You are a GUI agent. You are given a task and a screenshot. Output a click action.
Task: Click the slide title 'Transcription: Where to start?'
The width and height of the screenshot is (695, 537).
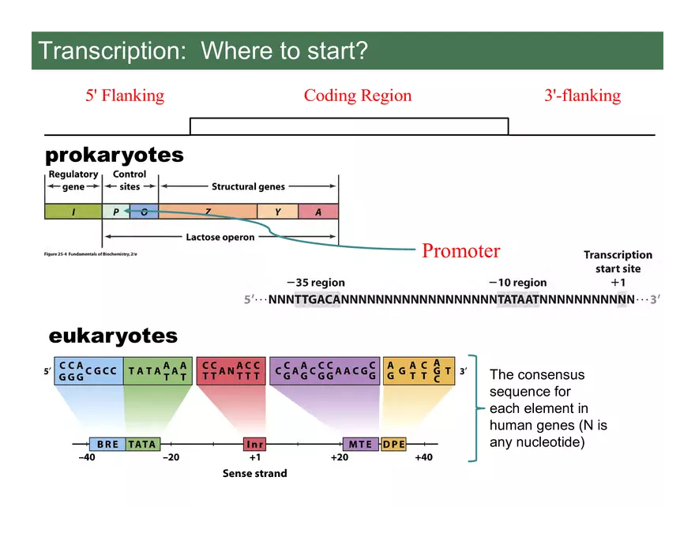(x=203, y=51)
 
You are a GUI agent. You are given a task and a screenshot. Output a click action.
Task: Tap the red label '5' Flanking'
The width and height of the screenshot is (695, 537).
(x=125, y=96)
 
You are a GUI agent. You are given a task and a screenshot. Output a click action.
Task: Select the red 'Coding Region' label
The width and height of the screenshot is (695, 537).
(x=358, y=96)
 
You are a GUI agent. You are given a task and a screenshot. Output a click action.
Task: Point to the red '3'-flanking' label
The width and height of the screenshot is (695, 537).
(x=582, y=96)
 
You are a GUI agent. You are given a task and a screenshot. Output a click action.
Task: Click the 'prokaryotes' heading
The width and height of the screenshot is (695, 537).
(x=115, y=155)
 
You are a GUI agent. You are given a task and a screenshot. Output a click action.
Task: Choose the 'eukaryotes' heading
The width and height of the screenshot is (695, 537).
(x=113, y=336)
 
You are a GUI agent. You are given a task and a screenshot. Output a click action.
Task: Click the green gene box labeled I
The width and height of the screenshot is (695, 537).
(x=73, y=211)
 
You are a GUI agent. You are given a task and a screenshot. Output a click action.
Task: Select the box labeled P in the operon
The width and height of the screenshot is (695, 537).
(x=115, y=211)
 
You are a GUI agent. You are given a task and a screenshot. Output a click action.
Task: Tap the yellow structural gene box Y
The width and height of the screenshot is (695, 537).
(x=277, y=211)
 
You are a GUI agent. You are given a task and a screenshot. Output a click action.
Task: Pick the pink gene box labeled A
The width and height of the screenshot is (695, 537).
(x=318, y=211)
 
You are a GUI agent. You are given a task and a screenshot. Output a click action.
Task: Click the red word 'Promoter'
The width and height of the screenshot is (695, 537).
(x=460, y=251)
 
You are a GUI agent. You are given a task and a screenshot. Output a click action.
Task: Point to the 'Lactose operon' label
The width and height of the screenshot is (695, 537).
(x=220, y=237)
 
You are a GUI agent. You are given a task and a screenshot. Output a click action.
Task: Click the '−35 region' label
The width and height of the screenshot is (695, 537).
(x=315, y=283)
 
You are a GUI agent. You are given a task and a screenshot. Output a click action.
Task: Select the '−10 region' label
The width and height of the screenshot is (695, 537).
(x=517, y=283)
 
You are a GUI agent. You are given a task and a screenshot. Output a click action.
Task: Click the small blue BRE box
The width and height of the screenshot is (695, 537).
(x=107, y=444)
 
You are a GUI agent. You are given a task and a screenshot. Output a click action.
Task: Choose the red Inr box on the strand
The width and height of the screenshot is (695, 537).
(x=254, y=444)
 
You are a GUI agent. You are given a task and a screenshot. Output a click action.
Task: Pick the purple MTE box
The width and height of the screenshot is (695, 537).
(x=360, y=444)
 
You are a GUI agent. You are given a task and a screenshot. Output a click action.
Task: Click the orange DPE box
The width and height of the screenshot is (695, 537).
(x=393, y=444)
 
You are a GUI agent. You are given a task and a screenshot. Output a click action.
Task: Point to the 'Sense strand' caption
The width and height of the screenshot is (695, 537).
(x=254, y=473)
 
